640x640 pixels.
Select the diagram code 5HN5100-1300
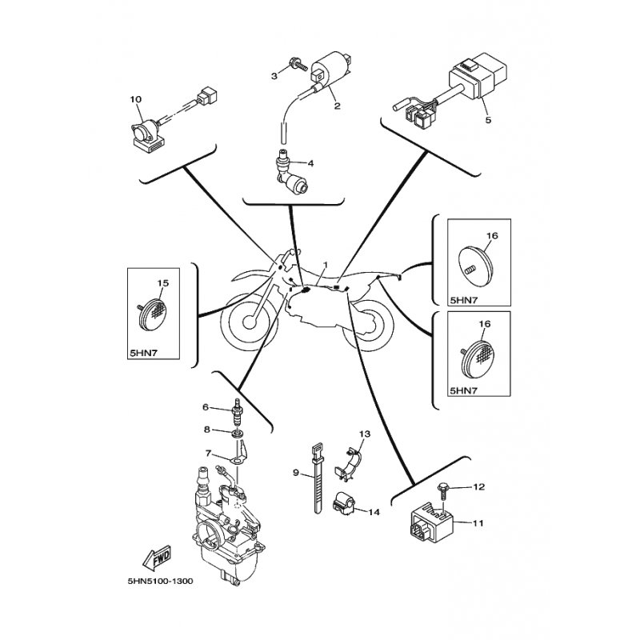click(x=161, y=582)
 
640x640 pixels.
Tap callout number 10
click(x=136, y=99)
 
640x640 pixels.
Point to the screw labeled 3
click(x=298, y=65)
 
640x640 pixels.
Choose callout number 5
click(x=488, y=120)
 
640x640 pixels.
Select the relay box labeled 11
click(x=431, y=523)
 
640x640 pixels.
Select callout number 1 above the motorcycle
click(x=325, y=265)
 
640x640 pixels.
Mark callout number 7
click(x=208, y=453)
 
